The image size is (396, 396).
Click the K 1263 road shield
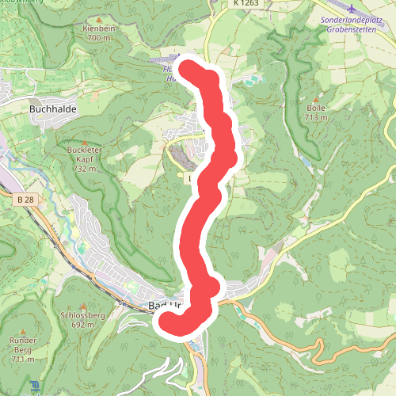click(247, 4)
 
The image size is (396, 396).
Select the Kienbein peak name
click(98, 29)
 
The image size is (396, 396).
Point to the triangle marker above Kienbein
click(98, 19)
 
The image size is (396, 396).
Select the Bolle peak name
click(315, 109)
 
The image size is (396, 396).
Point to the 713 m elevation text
click(315, 118)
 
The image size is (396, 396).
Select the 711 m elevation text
click(21, 360)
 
